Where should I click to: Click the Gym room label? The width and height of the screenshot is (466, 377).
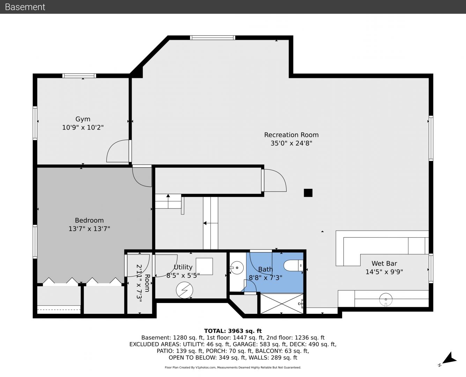[83, 119]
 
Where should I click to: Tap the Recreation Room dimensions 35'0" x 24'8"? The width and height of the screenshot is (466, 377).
[291, 143]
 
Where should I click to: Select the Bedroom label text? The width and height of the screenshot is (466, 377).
[89, 220]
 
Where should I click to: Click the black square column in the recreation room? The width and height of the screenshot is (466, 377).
[308, 193]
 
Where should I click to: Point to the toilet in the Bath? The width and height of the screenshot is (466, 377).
[293, 266]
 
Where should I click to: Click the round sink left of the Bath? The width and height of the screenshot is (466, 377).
[237, 267]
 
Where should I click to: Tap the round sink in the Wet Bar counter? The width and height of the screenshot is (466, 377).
[386, 300]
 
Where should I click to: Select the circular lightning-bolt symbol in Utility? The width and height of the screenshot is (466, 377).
[184, 290]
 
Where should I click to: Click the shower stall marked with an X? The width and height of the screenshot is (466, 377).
[282, 304]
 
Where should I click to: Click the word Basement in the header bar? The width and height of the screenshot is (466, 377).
[25, 7]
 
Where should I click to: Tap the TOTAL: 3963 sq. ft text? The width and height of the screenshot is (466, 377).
[233, 331]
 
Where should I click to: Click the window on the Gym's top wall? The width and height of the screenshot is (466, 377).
[79, 76]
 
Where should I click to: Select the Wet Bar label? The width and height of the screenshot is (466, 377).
[384, 263]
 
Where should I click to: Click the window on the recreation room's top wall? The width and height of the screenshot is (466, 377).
[213, 38]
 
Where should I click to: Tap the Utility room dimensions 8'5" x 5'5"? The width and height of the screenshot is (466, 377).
[183, 275]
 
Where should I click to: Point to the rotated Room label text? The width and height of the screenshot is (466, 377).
[147, 283]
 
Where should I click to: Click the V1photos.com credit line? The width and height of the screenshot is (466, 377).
[233, 367]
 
